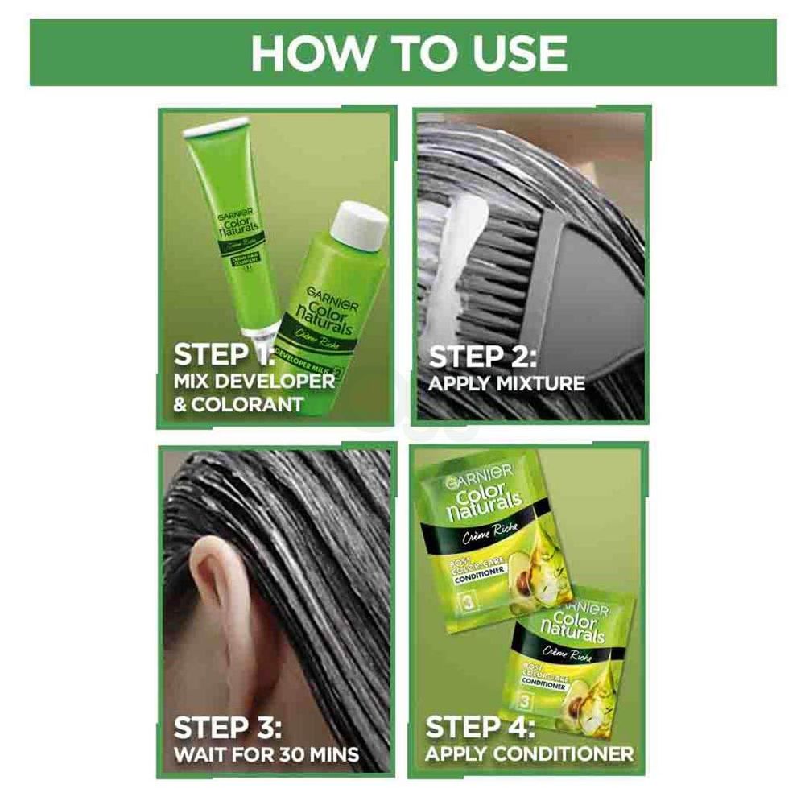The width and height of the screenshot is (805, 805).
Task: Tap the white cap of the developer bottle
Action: click(361, 225)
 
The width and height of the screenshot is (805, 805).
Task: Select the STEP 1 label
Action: click(224, 356)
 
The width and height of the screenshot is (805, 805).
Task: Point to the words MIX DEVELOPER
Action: click(254, 381)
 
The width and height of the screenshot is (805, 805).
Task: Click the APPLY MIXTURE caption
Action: click(506, 383)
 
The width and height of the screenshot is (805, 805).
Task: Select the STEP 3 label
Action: click(228, 729)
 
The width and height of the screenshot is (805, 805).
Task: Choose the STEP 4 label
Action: click(481, 728)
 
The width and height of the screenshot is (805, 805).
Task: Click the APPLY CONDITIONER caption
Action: click(529, 754)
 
